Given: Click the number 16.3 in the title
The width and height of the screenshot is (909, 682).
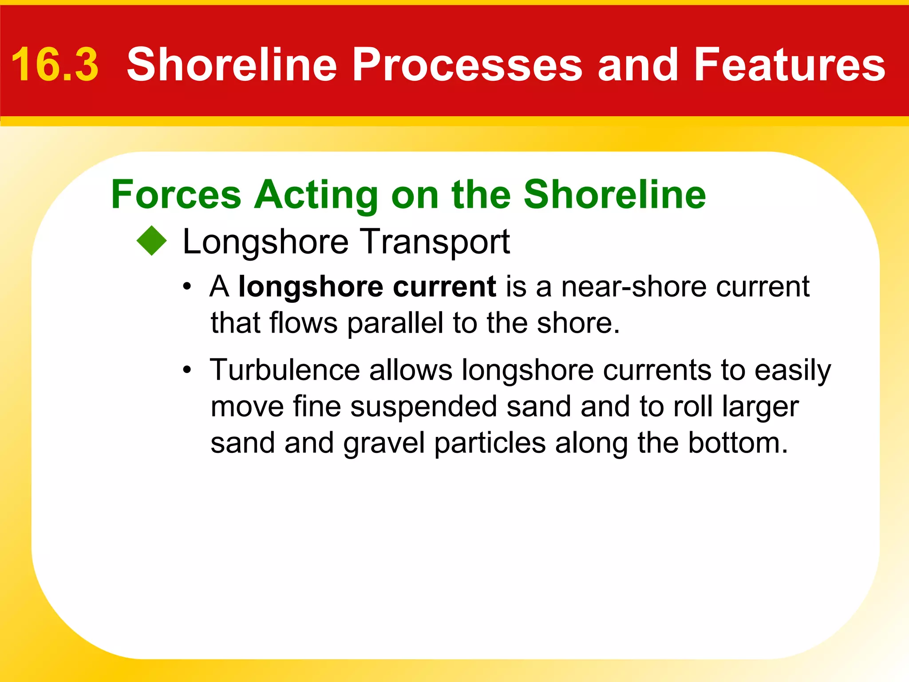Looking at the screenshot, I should point(55,65).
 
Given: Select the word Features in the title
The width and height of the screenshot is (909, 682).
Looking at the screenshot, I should point(789,65).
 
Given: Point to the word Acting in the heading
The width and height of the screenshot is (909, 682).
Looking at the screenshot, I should point(316,195).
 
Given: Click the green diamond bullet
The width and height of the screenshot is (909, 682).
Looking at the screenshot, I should point(152,241).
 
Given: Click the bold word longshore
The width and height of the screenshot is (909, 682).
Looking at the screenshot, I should point(310,287).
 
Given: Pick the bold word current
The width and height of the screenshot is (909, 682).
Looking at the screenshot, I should point(444,287).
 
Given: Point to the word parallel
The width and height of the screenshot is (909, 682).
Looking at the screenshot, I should point(395,323).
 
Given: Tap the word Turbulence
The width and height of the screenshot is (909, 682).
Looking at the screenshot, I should point(285,369).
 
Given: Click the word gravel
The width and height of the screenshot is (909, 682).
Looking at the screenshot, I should point(384,444).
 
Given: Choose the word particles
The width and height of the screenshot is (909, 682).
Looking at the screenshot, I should point(490,444).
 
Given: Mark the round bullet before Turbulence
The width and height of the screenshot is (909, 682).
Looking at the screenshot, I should point(188,370).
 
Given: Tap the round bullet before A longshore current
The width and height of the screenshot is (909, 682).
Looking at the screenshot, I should point(188,287).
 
